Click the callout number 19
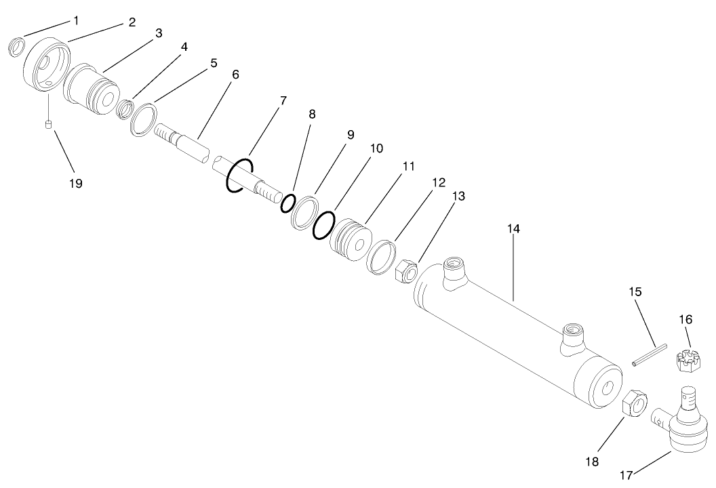pos(75,183)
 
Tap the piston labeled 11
pos(351,241)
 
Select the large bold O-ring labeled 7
pos(241,176)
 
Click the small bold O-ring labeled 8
pos(289,203)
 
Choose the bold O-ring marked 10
pos(324,224)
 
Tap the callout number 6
pos(235,74)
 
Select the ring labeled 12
pos(381,256)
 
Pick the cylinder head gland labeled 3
pos(91,90)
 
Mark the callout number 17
pos(626,475)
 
